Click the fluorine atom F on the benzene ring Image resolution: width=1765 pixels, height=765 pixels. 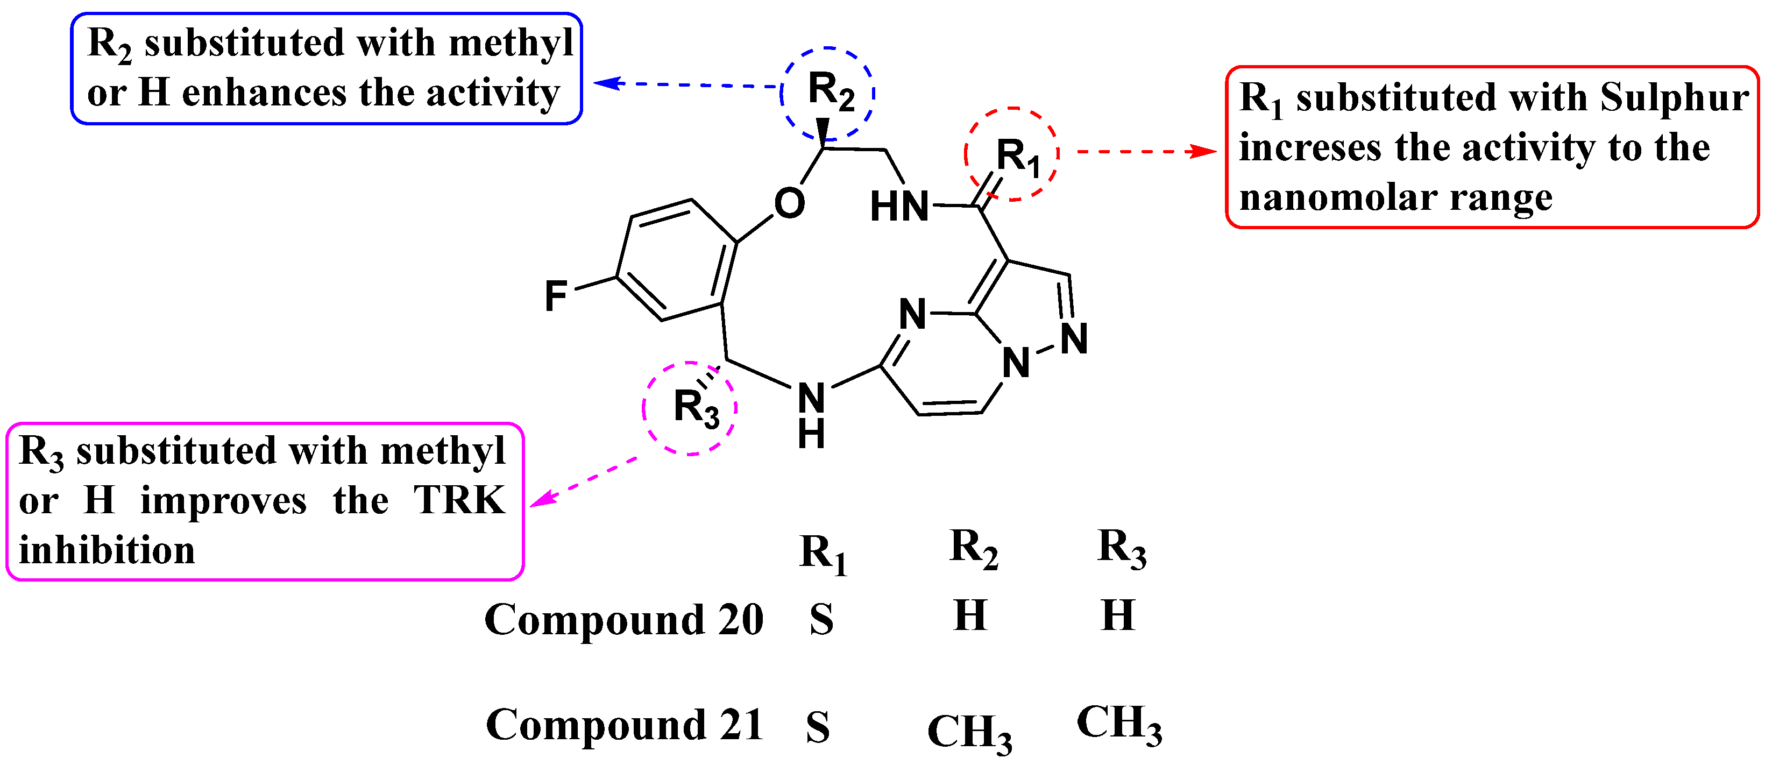tap(556, 296)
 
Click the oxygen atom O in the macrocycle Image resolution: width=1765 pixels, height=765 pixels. tap(789, 203)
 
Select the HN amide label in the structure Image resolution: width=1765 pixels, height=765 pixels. tap(899, 207)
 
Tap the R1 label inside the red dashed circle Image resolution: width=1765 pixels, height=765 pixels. tap(1017, 157)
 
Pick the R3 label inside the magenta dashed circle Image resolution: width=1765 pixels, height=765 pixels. tap(696, 408)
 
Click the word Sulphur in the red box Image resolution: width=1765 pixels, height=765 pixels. tap(1674, 97)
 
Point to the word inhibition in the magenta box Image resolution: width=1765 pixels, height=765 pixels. tap(107, 550)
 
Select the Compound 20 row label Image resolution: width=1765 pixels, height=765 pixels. tap(623, 619)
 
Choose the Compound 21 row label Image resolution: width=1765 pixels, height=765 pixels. tap(624, 725)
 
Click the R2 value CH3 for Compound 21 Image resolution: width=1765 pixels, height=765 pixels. tap(969, 732)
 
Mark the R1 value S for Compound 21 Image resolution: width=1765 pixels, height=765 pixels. tap(818, 727)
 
